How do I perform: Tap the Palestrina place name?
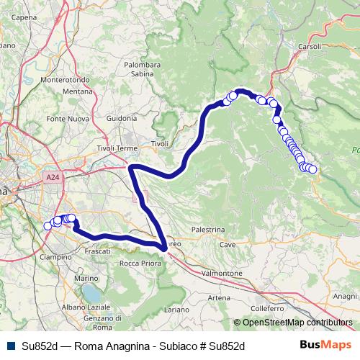(209, 229)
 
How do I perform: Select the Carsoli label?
(310, 46)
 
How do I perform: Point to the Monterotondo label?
(66, 80)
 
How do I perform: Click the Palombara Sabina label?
(143, 68)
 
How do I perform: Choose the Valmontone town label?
(222, 274)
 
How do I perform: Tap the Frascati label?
(97, 251)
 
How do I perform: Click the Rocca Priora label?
(140, 264)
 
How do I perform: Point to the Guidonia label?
(121, 118)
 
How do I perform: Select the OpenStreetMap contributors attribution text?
(292, 323)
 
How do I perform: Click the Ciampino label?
(55, 256)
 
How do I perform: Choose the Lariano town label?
(176, 308)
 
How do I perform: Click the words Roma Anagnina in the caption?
(105, 346)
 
